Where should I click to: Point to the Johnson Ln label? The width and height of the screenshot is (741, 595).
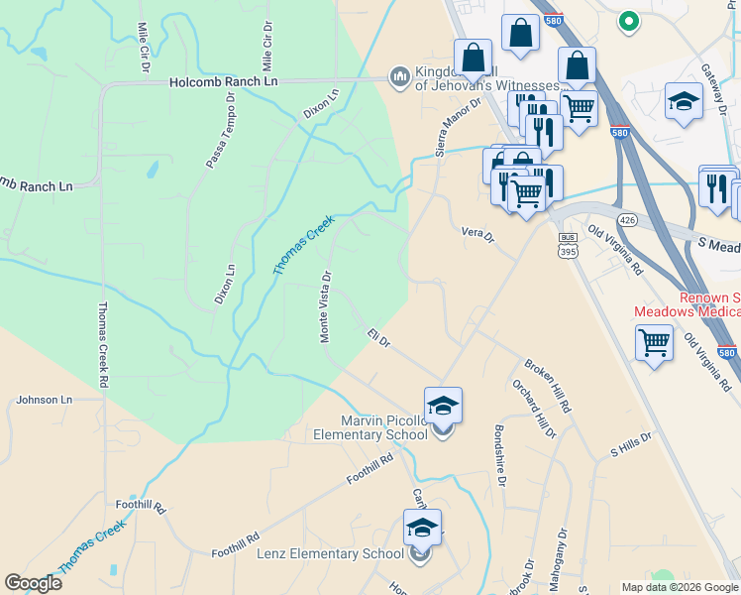45,400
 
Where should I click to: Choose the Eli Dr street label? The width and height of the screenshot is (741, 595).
379,337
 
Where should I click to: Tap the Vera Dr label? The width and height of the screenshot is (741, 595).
476,234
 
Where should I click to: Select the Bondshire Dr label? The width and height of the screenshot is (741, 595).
501,455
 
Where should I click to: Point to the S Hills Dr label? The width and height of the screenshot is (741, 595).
631,443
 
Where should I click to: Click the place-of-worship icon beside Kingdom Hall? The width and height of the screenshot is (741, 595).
400,76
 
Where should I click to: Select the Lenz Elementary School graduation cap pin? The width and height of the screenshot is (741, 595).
422,528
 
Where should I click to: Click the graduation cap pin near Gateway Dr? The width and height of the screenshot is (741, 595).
684,101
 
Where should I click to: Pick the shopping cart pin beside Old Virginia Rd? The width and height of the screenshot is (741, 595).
654,343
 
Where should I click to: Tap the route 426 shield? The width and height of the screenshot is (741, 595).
626,218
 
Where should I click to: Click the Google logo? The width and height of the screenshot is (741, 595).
34,583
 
